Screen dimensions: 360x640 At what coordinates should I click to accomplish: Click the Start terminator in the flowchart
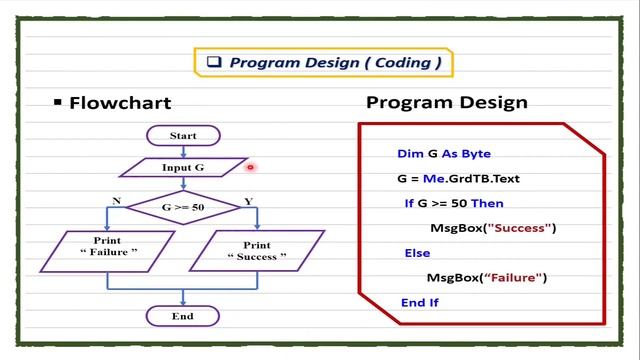click(x=183, y=135)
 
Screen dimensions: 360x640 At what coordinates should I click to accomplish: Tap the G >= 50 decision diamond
click(x=182, y=208)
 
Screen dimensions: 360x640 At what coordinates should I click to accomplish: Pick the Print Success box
click(x=256, y=250)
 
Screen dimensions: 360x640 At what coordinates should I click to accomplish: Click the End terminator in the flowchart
click(x=182, y=316)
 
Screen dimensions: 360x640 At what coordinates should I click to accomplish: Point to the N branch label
click(x=117, y=201)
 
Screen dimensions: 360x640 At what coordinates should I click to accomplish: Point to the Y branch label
click(x=248, y=201)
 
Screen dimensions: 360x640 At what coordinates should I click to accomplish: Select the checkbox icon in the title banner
click(x=213, y=62)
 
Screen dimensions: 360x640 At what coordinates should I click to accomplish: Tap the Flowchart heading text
click(x=120, y=103)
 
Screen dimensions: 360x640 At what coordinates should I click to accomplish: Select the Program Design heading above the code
click(x=446, y=102)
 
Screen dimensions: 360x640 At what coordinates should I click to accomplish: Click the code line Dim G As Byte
click(x=443, y=154)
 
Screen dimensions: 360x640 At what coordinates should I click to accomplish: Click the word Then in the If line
click(x=487, y=203)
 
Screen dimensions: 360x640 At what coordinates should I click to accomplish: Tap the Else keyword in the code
click(x=417, y=253)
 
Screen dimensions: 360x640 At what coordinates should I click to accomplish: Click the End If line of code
click(x=419, y=301)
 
